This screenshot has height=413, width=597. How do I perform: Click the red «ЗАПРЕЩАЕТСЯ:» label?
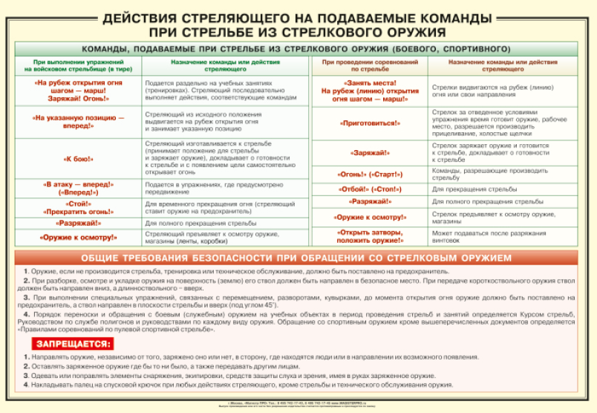pos(72,345)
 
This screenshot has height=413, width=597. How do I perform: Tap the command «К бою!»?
pos(77,158)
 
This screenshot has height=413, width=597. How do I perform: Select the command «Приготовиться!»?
pos(369,123)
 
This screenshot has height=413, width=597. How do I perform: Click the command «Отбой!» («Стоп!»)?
pos(369,189)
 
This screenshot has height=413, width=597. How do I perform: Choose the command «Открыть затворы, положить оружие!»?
pos(369,236)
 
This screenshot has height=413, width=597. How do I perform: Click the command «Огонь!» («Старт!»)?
pos(369,175)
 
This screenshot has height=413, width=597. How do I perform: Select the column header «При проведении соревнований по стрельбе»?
pos(369,65)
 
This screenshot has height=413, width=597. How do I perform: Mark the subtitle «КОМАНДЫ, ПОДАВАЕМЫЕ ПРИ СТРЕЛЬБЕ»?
pos(298,48)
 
